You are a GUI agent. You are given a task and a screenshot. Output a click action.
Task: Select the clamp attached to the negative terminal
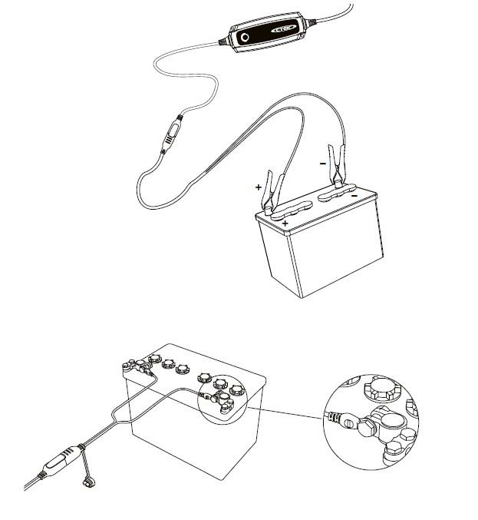338,166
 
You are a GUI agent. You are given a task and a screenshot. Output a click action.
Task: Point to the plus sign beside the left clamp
259,187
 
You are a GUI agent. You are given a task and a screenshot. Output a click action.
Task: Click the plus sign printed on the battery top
285,224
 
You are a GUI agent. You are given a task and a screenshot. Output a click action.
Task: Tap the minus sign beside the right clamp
323,163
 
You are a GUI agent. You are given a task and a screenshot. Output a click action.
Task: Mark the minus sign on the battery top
354,196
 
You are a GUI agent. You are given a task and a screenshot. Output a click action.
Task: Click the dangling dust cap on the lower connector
89,482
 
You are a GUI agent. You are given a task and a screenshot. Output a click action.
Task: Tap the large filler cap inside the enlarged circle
382,390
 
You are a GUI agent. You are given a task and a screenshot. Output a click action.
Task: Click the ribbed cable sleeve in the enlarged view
332,417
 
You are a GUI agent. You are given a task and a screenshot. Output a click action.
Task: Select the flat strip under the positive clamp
291,210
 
